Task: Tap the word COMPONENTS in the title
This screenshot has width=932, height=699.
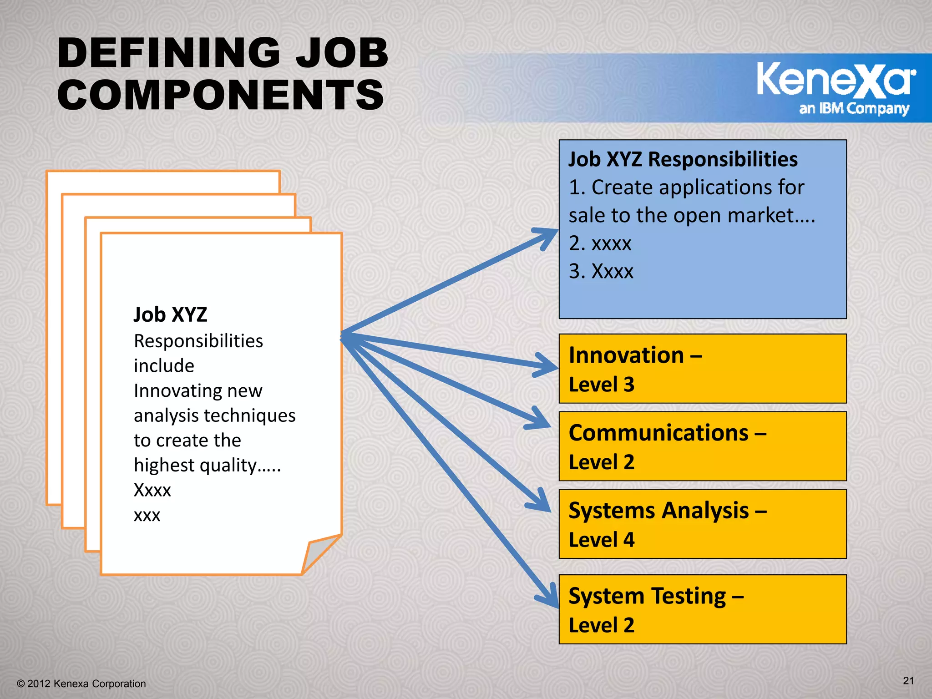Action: [221, 95]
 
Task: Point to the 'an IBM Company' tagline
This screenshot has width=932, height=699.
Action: [854, 109]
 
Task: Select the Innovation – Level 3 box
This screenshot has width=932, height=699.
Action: [702, 369]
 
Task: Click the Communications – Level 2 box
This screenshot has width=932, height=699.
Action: [702, 446]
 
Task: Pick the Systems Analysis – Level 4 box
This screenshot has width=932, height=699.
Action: [702, 524]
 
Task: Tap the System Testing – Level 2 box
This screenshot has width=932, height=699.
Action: [702, 609]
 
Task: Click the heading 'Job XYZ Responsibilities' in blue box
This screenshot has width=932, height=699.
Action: [683, 159]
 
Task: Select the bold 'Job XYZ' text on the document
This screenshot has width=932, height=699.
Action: [170, 315]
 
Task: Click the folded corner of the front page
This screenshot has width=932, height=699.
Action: [319, 553]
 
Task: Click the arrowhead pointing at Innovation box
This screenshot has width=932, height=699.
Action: [547, 365]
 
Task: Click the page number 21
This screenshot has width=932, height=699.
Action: [908, 680]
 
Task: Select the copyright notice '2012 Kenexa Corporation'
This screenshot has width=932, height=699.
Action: [82, 684]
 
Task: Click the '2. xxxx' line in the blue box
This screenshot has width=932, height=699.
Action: [600, 243]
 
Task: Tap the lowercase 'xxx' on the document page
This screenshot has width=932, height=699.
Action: [147, 515]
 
